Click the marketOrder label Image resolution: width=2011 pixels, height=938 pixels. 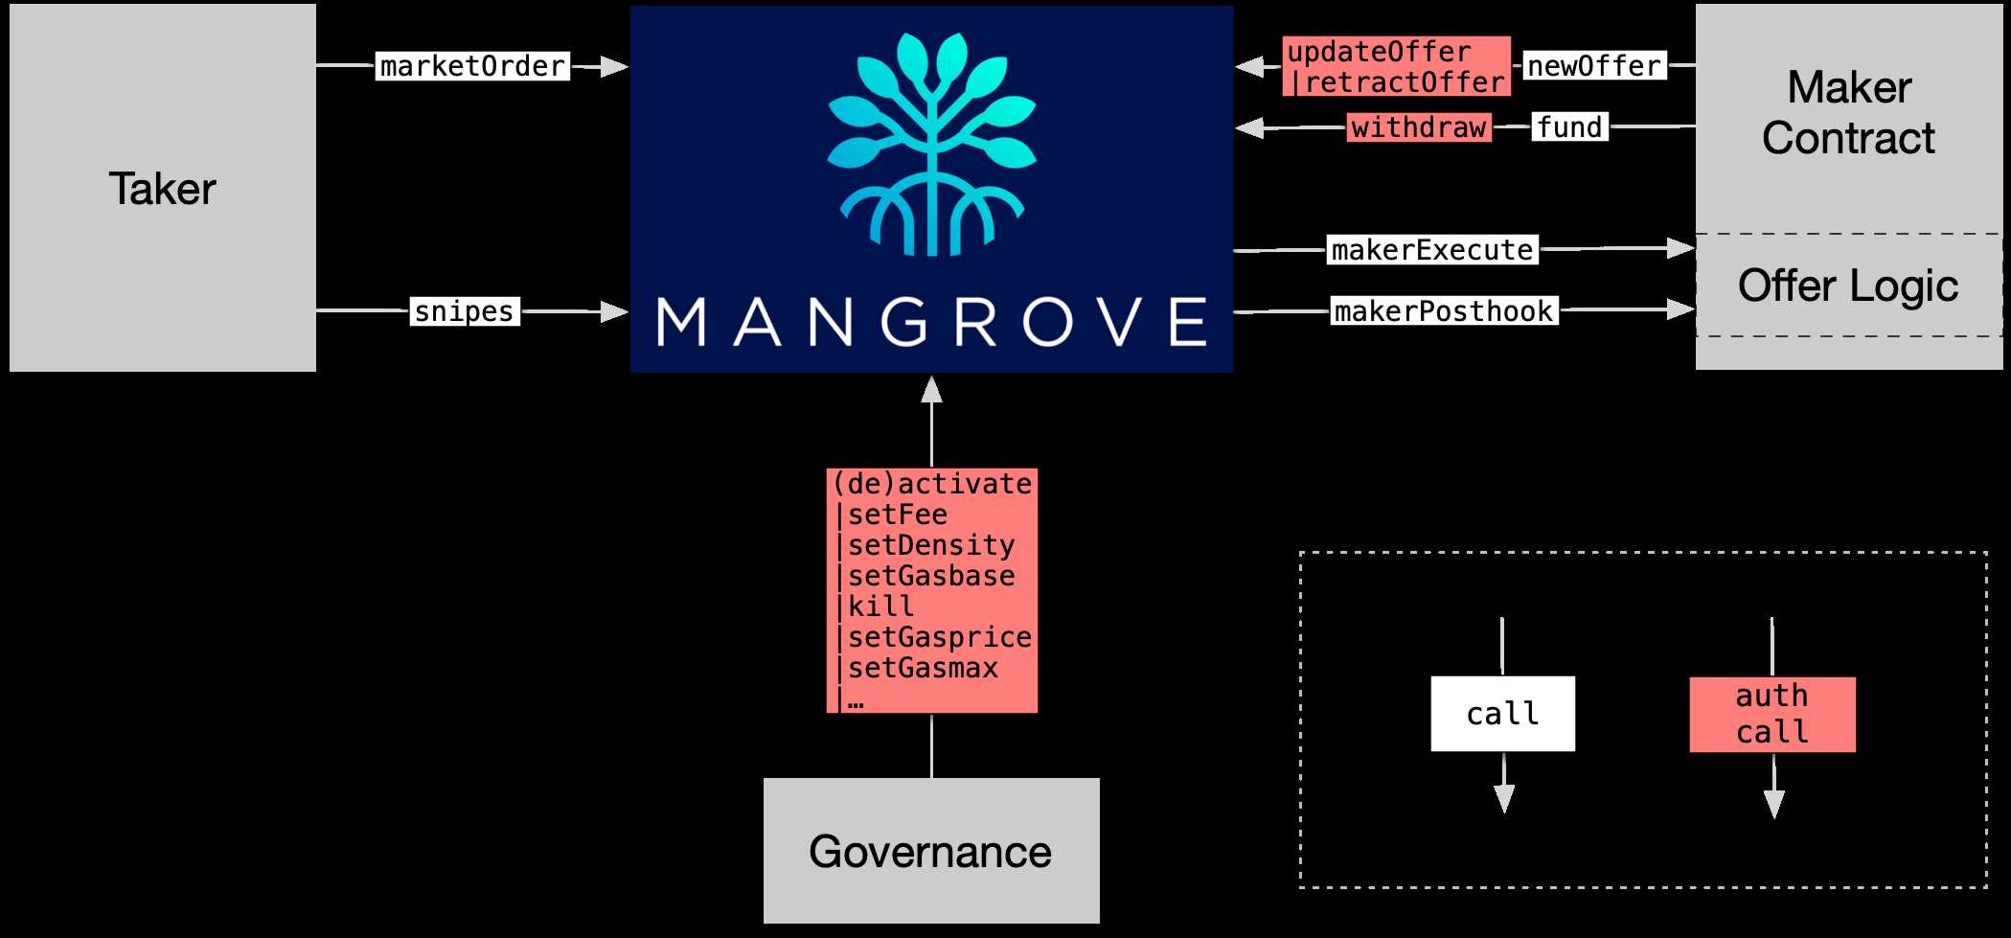pyautogui.click(x=472, y=66)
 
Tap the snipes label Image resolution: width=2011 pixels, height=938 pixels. pyautogui.click(x=465, y=311)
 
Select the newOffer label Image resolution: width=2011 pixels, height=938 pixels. pyautogui.click(x=1593, y=66)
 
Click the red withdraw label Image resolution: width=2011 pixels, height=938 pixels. pyautogui.click(x=1419, y=127)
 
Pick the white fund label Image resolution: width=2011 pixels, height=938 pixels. pyautogui.click(x=1569, y=126)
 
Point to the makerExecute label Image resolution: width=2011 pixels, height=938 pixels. pyautogui.click(x=1432, y=250)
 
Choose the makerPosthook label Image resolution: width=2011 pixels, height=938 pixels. pyautogui.click(x=1444, y=311)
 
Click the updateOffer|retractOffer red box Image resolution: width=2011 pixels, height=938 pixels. pyautogui.click(x=1396, y=67)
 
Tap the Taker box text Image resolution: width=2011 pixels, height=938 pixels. pyautogui.click(x=162, y=189)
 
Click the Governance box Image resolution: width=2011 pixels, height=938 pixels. pyautogui.click(x=930, y=851)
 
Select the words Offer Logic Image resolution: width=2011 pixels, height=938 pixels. pyautogui.click(x=1848, y=286)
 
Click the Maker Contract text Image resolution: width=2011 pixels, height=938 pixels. pyautogui.click(x=1848, y=113)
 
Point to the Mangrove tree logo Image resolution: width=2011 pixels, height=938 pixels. pyautogui.click(x=931, y=144)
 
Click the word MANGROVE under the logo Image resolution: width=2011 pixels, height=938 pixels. pyautogui.click(x=931, y=322)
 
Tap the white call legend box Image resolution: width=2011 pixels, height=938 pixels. pyautogui.click(x=1502, y=714)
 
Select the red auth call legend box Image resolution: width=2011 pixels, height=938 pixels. pyautogui.click(x=1772, y=714)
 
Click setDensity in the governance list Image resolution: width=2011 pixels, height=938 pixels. pyautogui.click(x=930, y=545)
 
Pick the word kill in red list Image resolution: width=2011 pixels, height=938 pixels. pyautogui.click(x=880, y=606)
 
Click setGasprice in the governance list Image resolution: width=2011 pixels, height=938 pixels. pyautogui.click(x=939, y=637)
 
